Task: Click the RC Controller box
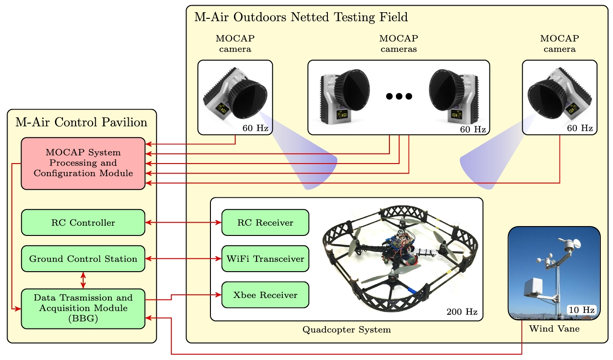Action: click(x=83, y=222)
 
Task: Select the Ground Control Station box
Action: click(x=83, y=258)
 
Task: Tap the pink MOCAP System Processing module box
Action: click(x=83, y=163)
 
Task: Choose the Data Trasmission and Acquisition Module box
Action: click(x=83, y=308)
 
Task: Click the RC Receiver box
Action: click(x=265, y=222)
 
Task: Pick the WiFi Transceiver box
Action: click(x=265, y=258)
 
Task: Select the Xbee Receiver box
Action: click(x=265, y=295)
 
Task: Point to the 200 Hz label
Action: click(x=462, y=312)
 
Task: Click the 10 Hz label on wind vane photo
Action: click(x=582, y=310)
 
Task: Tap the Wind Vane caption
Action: click(x=554, y=329)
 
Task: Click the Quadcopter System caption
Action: click(x=347, y=329)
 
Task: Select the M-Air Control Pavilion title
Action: click(x=81, y=123)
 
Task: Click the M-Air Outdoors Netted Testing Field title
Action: click(x=301, y=18)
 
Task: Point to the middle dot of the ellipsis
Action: click(x=399, y=96)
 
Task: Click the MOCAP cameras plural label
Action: click(x=399, y=43)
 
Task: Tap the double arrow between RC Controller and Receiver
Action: click(x=183, y=222)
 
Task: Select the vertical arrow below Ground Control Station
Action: click(x=83, y=280)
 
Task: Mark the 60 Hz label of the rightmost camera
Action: click(x=580, y=128)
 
